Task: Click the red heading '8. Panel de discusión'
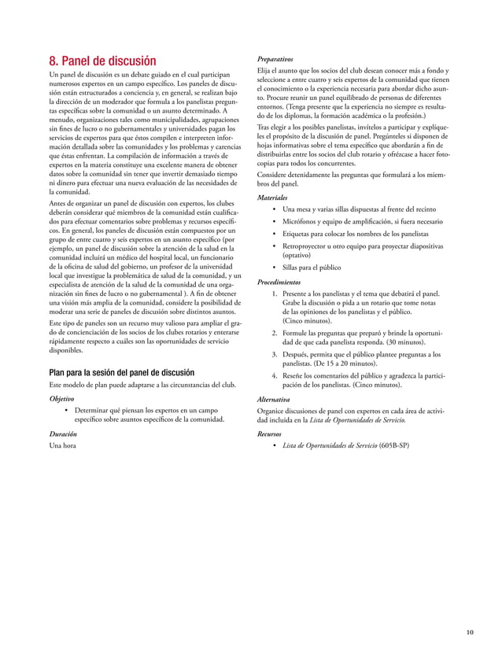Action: click(103, 61)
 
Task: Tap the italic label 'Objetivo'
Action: click(65, 398)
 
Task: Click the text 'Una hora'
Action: click(65, 447)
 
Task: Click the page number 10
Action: click(469, 632)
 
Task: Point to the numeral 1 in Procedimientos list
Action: click(273, 294)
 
